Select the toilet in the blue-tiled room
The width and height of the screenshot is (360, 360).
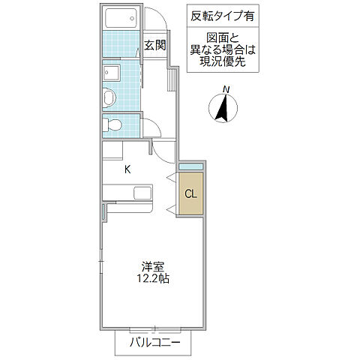point(113,124)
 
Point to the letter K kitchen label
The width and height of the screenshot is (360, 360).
point(127,169)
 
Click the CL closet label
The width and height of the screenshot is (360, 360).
point(190,194)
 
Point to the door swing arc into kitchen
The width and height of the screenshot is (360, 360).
point(166,150)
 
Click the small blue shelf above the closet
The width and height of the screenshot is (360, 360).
point(190,166)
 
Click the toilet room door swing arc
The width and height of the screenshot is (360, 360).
point(148,128)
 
